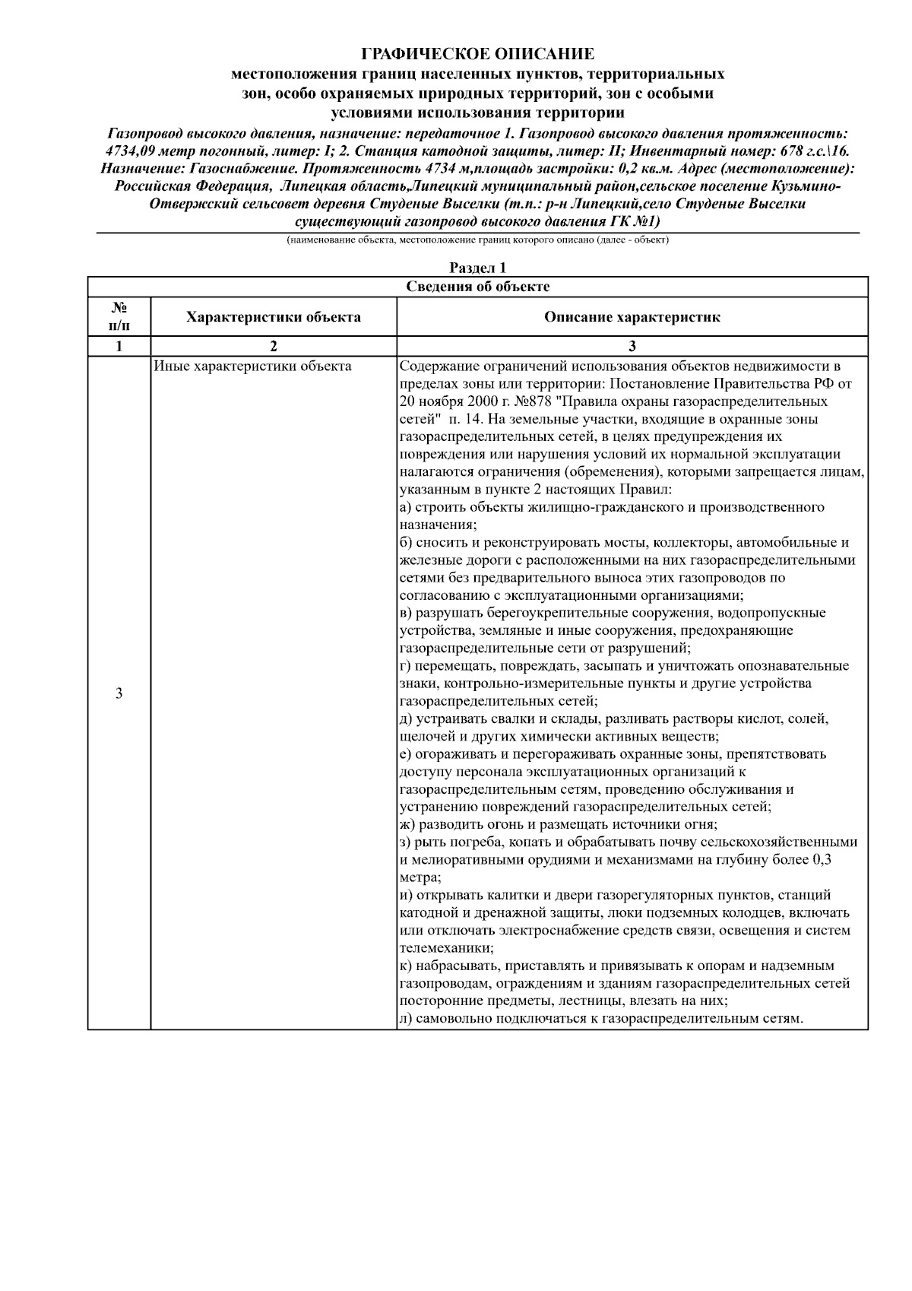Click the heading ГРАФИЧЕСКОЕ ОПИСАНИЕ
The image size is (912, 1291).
click(x=477, y=54)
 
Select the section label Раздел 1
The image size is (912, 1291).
click(x=477, y=268)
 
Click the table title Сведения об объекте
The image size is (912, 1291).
click(x=477, y=286)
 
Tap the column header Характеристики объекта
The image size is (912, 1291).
click(x=274, y=316)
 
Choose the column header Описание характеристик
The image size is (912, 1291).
click(x=632, y=316)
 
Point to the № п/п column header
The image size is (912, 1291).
click(x=119, y=316)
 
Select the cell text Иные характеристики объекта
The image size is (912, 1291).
click(x=252, y=366)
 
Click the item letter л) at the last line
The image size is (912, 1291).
click(x=406, y=1018)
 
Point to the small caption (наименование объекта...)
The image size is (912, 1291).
click(x=477, y=240)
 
